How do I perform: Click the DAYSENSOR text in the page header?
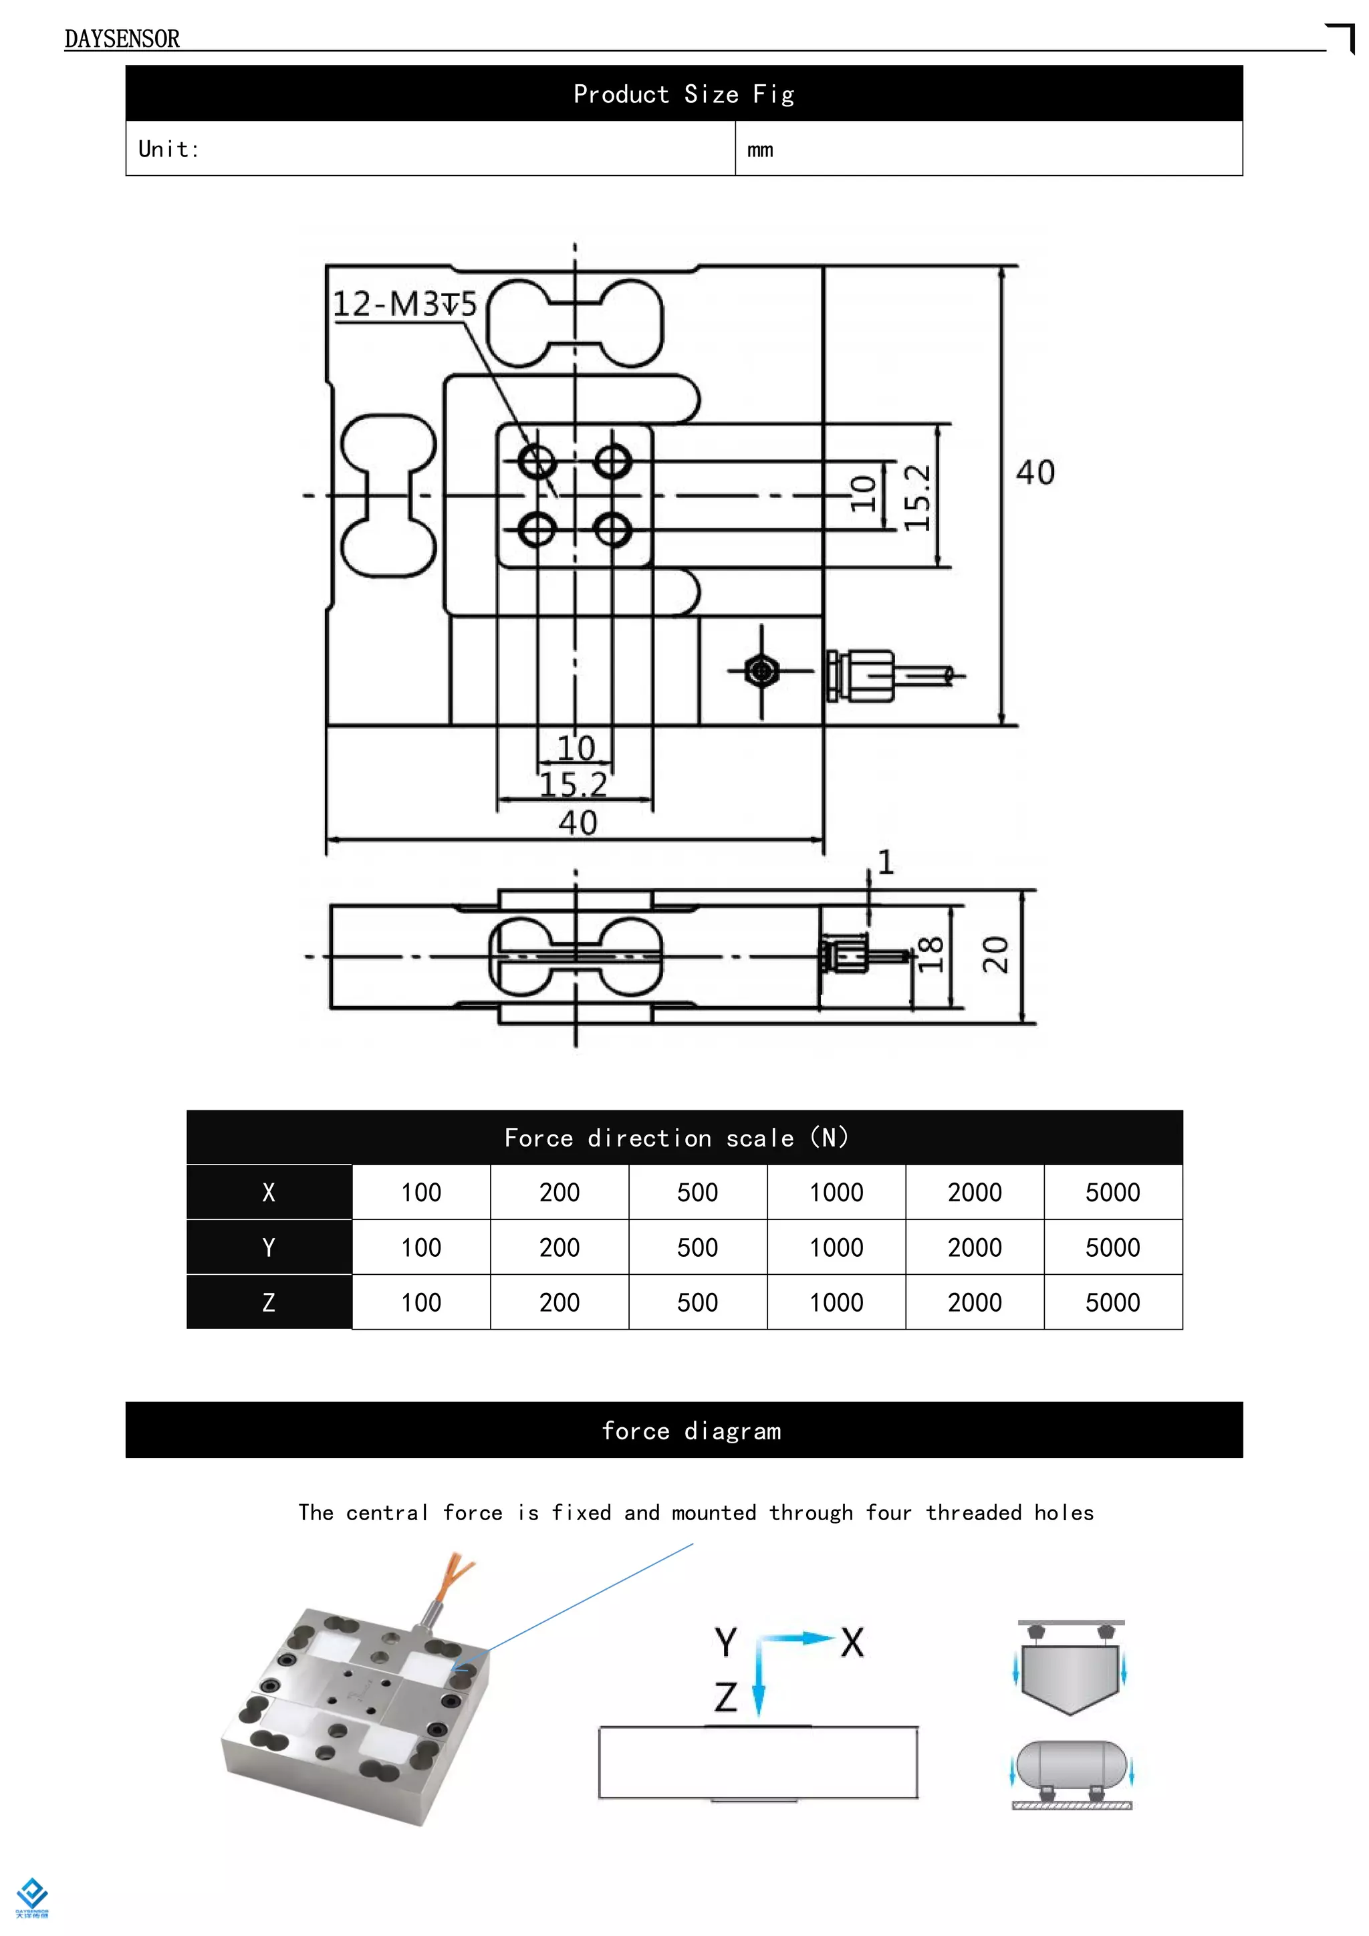[122, 39]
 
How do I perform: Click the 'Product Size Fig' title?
[684, 94]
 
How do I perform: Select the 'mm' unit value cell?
[759, 150]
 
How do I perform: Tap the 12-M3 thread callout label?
[404, 304]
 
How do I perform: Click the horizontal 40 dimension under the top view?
[578, 822]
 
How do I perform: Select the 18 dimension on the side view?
[930, 955]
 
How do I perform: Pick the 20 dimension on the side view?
[995, 955]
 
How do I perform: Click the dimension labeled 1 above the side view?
[885, 862]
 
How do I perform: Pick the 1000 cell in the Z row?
[836, 1302]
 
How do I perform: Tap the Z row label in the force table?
[268, 1302]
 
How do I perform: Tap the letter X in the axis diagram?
[852, 1643]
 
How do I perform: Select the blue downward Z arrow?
[758, 1682]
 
